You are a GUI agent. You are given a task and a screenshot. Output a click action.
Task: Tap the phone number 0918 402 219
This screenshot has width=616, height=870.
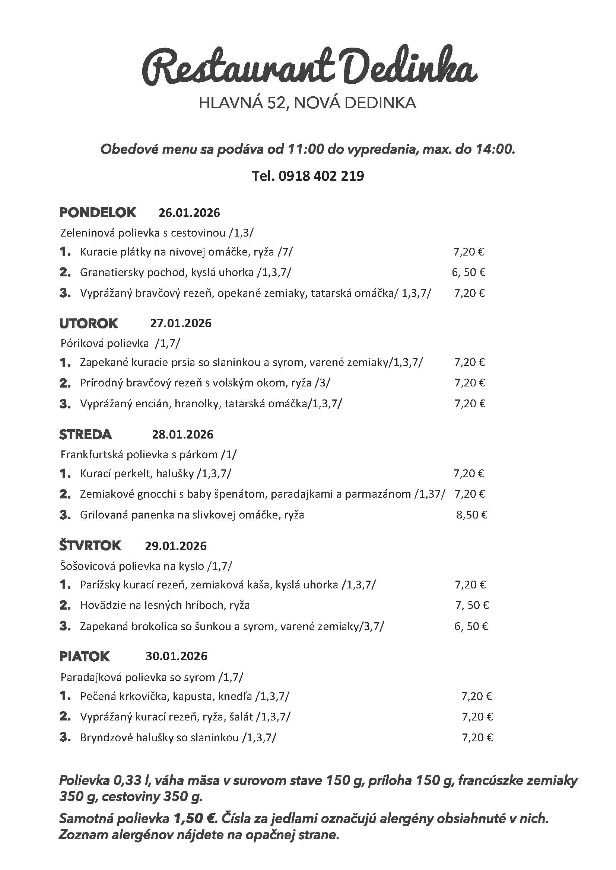tap(321, 176)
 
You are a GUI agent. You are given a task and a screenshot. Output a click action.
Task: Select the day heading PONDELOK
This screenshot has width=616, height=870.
tap(98, 213)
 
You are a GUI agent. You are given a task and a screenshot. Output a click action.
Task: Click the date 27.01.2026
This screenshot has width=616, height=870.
tap(181, 323)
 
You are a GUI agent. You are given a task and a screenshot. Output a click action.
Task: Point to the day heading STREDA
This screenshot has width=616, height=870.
tap(85, 434)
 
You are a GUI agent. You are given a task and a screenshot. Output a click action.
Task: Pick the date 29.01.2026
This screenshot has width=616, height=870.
tap(176, 546)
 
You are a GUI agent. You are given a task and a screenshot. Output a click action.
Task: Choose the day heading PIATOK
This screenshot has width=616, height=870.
tap(84, 656)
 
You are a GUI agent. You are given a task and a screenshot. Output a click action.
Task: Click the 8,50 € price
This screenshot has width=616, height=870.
tap(471, 515)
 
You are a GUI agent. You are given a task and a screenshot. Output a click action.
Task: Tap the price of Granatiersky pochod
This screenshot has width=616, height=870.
tap(469, 272)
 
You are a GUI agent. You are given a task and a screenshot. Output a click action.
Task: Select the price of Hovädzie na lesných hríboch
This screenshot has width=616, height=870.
tap(471, 605)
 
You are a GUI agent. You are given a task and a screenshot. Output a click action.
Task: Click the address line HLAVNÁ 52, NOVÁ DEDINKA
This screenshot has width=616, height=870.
tap(307, 103)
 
